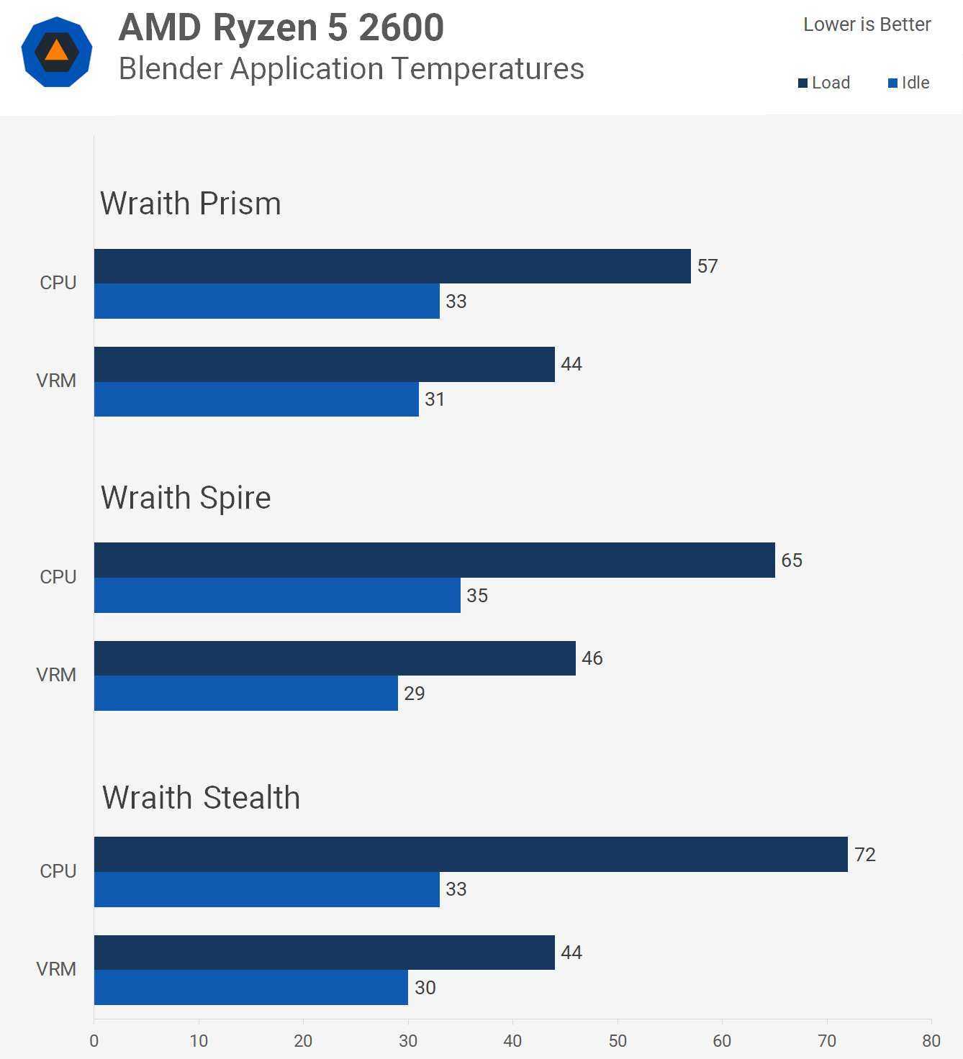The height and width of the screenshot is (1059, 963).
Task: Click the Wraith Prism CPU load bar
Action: point(392,266)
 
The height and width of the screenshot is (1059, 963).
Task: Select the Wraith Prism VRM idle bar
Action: point(256,399)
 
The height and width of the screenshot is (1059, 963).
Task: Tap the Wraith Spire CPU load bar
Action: point(434,560)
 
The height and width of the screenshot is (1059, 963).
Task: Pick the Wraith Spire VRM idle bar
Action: point(245,693)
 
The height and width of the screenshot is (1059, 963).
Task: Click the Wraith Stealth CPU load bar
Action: point(471,854)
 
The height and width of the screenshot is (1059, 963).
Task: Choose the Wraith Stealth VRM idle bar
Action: point(250,987)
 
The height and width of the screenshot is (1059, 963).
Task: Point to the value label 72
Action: point(864,855)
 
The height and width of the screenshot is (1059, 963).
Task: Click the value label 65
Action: point(792,560)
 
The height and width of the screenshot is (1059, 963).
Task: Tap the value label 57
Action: point(707,266)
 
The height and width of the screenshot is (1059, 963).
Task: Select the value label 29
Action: point(414,694)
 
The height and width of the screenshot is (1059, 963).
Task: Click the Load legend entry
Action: point(824,83)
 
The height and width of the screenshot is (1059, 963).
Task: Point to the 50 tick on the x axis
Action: point(618,1040)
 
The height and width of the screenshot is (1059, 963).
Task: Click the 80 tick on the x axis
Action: point(931,1040)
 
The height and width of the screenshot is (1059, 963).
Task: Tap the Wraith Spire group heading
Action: point(186,498)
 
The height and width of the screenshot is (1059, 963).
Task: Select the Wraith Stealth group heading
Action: point(201,798)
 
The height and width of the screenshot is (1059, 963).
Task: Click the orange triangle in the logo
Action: point(56,51)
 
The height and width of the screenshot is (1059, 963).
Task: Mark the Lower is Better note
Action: point(867,24)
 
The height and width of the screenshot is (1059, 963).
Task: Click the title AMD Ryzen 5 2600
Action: point(281,27)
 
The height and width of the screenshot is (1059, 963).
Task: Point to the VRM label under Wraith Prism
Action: point(56,381)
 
